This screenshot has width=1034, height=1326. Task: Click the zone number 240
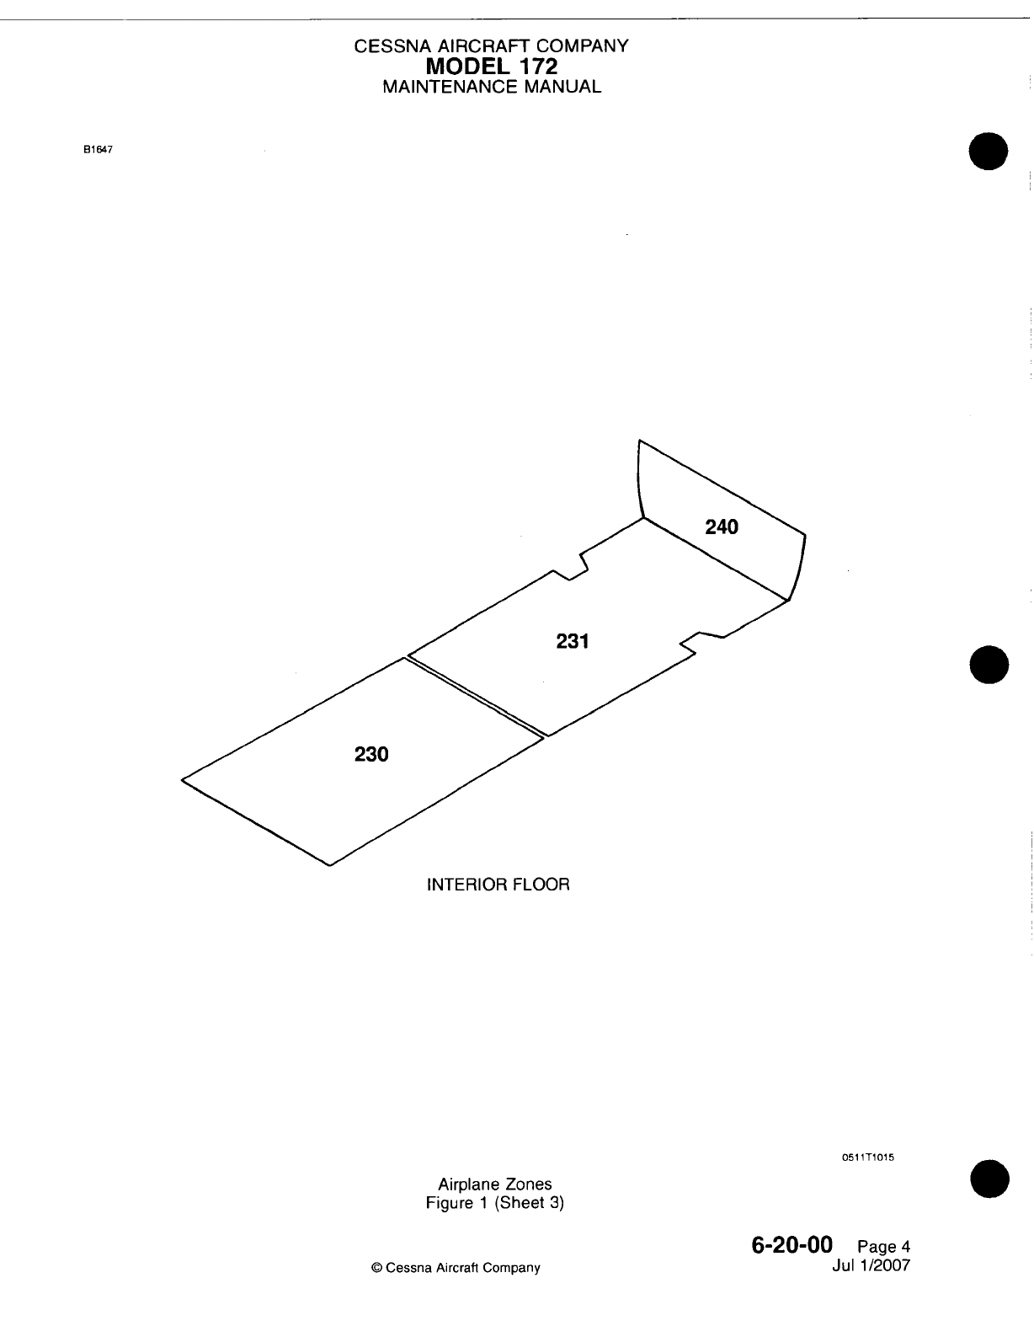(722, 527)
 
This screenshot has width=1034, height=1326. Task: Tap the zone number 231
(573, 642)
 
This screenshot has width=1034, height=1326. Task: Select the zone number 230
(371, 755)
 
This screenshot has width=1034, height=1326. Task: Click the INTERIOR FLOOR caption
(498, 885)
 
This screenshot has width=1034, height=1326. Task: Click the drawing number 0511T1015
(867, 1158)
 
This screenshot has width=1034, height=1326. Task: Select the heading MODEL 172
(492, 66)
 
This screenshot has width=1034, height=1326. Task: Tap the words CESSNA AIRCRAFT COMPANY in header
(492, 46)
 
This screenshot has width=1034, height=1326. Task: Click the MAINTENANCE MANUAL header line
(492, 87)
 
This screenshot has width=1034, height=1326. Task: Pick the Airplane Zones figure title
(495, 1184)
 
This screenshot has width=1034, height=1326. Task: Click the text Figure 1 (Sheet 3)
(495, 1203)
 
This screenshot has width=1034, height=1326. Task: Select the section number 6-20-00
(791, 1245)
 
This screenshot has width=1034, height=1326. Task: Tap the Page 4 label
(883, 1248)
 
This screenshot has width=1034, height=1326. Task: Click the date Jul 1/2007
(871, 1265)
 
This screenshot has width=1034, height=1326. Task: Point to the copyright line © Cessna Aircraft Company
(456, 1268)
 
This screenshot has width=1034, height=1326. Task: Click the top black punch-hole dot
(989, 152)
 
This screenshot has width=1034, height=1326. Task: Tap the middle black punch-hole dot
(989, 664)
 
